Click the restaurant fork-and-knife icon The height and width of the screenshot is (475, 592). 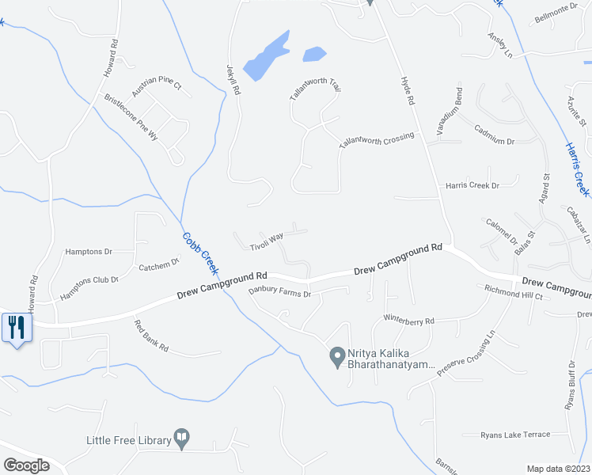tap(17, 327)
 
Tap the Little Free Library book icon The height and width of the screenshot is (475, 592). tap(181, 438)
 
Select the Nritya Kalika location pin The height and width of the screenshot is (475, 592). tap(336, 358)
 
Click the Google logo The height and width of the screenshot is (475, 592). tap(26, 465)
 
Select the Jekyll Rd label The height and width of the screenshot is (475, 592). tap(233, 80)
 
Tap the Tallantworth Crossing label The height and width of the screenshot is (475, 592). tap(377, 140)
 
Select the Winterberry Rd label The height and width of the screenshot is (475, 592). tap(409, 321)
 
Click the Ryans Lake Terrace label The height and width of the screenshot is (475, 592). tap(515, 435)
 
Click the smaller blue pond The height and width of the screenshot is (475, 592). tap(314, 54)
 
